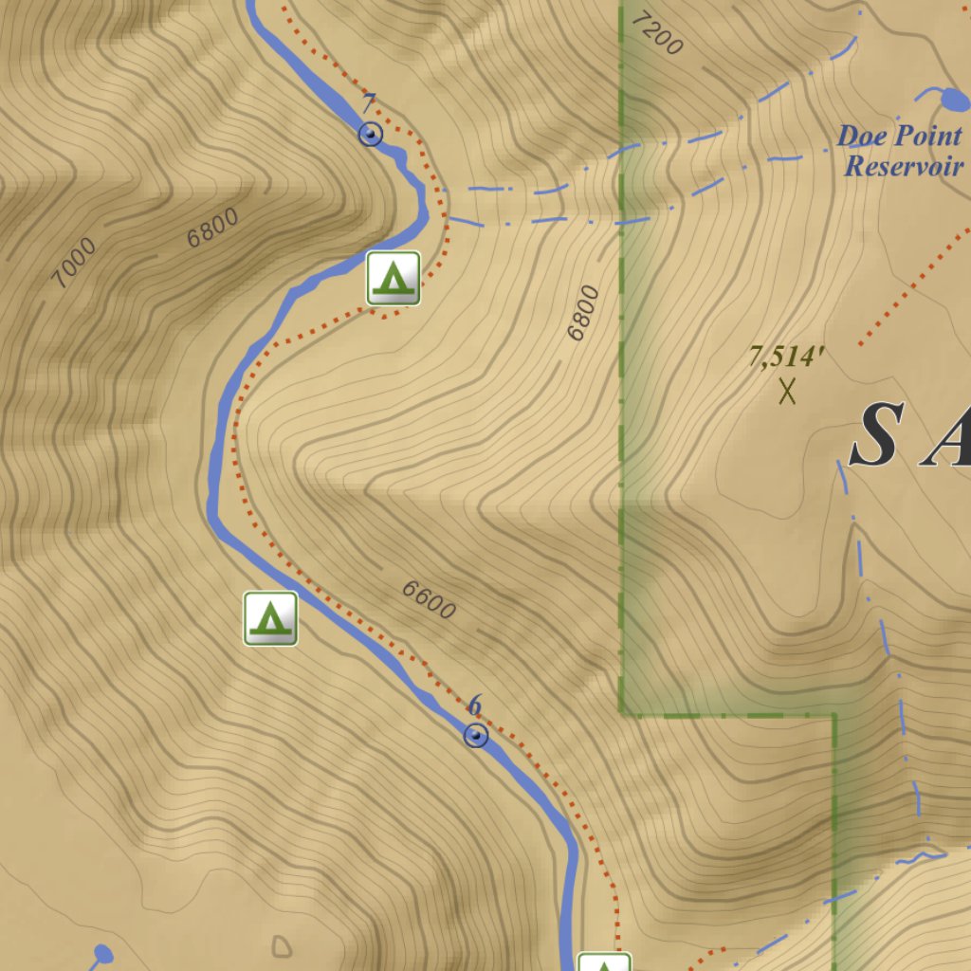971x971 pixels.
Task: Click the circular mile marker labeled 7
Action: point(370,135)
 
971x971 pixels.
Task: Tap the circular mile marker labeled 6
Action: point(476,735)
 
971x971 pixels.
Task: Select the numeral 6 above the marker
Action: point(475,705)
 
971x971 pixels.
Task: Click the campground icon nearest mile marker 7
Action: point(394,278)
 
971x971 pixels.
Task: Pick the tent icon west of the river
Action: point(270,618)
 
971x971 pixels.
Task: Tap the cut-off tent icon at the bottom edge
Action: point(604,962)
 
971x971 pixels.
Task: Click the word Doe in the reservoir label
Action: point(860,137)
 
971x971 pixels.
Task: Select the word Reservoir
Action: point(904,167)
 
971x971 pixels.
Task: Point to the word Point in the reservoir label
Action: point(926,137)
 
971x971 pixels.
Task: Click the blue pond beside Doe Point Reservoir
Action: point(952,99)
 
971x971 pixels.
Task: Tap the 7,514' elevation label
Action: point(786,357)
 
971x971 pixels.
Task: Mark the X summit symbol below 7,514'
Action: point(787,390)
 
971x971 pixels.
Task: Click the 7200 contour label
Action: point(656,34)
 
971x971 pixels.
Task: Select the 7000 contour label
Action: point(74,263)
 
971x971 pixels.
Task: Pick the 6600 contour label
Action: point(429,599)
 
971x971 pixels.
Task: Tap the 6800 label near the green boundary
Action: point(583,313)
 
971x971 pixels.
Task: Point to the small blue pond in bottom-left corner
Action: point(103,952)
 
